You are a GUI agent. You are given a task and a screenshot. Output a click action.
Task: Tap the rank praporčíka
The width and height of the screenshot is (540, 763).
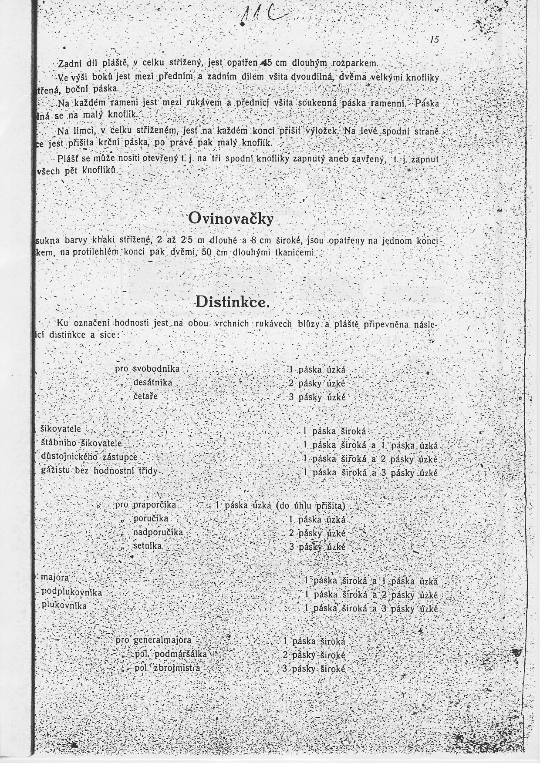(155, 505)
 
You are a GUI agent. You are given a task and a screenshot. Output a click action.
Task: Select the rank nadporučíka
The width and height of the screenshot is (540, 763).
(158, 532)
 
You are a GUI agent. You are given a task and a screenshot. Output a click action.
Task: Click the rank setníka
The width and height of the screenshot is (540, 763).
(148, 546)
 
